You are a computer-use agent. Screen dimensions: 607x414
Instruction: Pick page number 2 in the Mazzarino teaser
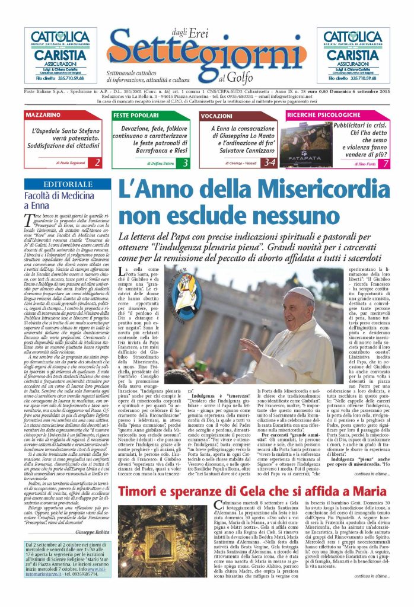[x=97, y=162]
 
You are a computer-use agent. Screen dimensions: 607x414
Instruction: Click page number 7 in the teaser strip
[x=386, y=162]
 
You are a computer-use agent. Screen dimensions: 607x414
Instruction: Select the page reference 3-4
[x=269, y=162]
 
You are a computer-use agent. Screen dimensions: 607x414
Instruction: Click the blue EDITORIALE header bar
[x=65, y=184]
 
